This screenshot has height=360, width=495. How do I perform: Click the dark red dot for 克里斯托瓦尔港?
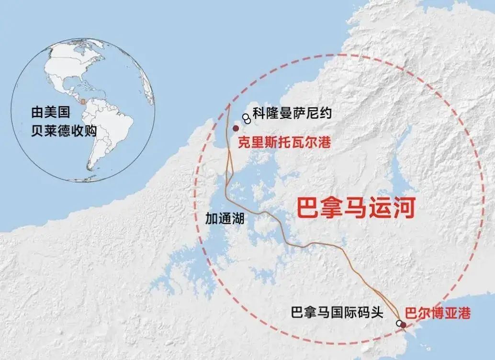pos(235,128)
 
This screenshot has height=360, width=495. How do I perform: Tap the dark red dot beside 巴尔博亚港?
pos(403,325)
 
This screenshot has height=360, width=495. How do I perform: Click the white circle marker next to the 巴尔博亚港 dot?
pos(399,324)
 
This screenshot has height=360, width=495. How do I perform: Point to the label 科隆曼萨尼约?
pos(292,114)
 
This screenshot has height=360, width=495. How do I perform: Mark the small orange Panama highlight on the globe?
pos(83,101)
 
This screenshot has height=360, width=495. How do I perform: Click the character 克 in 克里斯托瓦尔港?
pos(244,143)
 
